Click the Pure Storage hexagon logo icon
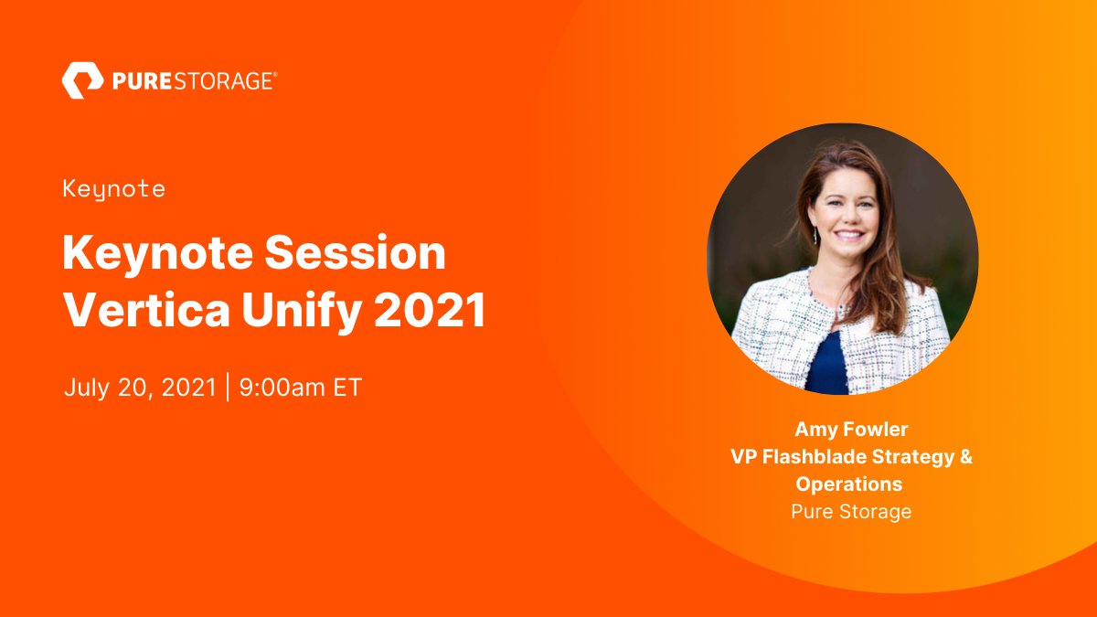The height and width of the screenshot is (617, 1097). (82, 80)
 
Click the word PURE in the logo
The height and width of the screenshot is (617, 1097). (137, 81)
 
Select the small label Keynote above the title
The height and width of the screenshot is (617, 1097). (114, 189)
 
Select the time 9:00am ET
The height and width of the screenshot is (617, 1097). (301, 387)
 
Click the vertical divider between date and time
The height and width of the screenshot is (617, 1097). (228, 387)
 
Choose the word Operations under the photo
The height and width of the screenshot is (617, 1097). (849, 484)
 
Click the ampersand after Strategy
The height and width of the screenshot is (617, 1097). (965, 457)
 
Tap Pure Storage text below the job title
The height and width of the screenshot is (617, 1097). (851, 511)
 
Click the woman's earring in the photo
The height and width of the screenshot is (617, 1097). (815, 235)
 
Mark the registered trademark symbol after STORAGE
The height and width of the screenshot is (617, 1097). (275, 75)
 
